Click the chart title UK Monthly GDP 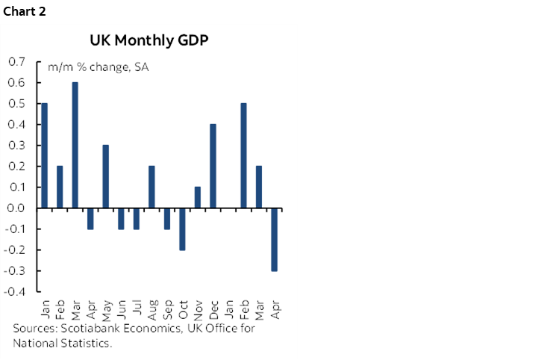click(149, 40)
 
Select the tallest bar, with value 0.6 click(75, 145)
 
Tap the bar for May click(106, 176)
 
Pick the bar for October click(182, 229)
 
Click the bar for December click(213, 166)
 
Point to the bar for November click(197, 197)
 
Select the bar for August click(152, 187)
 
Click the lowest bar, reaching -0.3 click(274, 239)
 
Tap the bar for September click(167, 218)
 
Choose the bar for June click(121, 218)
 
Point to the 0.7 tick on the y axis click(16, 61)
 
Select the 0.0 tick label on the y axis click(16, 208)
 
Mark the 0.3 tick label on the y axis click(16, 145)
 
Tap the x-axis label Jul click(137, 307)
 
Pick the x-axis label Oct click(182, 308)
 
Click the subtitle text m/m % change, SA click(98, 67)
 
